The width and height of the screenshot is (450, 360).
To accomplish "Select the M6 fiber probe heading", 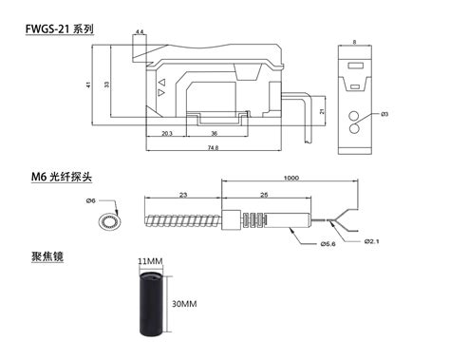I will [x=64, y=177].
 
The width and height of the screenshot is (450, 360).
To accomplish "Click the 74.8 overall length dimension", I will [x=213, y=148].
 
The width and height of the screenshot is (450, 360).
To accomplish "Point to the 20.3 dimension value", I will [x=167, y=133].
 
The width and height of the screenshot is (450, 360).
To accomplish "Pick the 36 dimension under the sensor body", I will [x=214, y=133].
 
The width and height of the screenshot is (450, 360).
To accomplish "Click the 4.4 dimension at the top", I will [x=140, y=32].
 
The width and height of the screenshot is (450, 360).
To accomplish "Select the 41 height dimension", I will [x=89, y=85].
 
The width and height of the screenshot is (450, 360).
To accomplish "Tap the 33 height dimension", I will [x=106, y=85].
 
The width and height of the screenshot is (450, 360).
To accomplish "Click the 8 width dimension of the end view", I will [x=354, y=42].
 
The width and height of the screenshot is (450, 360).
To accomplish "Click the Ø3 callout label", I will [x=384, y=115].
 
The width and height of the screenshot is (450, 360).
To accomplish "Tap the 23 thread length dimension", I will [x=182, y=195].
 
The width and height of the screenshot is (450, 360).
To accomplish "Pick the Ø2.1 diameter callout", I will [x=373, y=240].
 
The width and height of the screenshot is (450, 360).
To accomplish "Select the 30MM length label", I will [x=182, y=304].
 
